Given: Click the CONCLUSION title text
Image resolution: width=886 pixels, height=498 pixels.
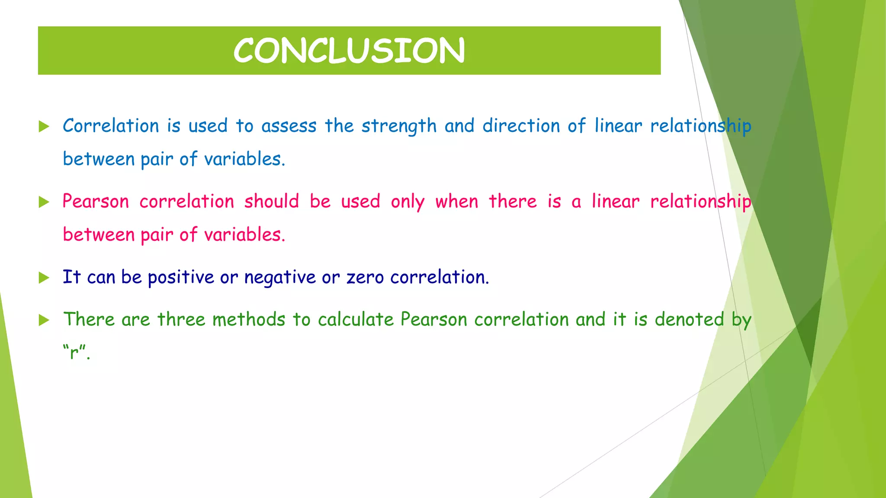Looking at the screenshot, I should click(x=349, y=51).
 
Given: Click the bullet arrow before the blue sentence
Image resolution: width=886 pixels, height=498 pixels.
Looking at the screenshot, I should click(x=44, y=126).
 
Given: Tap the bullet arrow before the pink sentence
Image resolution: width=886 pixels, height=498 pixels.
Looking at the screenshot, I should click(x=44, y=202).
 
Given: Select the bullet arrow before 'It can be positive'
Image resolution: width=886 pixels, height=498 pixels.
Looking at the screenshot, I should click(x=44, y=277).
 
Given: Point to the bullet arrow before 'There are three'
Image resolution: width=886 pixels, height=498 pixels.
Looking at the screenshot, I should click(x=44, y=320).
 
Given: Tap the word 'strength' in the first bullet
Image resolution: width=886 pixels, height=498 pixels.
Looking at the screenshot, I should click(x=399, y=126).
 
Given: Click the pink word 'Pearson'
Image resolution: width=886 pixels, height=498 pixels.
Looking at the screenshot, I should click(x=96, y=201).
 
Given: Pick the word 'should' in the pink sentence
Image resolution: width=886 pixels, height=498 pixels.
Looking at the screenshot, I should click(x=272, y=201).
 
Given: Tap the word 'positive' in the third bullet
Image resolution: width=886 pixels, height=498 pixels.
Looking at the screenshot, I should click(x=181, y=278).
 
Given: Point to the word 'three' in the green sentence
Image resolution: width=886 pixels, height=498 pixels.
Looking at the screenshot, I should click(x=181, y=319).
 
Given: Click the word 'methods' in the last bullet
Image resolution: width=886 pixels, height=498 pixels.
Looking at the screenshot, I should click(x=249, y=319).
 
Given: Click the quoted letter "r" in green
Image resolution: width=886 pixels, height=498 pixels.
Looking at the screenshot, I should click(x=74, y=352).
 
